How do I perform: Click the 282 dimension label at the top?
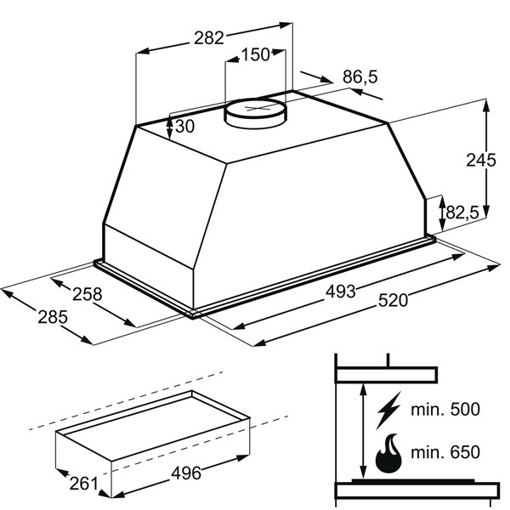tap(209, 37)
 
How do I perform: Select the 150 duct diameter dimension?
tap(255, 54)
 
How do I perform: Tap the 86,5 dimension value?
tap(360, 77)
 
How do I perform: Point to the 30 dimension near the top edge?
tap(184, 126)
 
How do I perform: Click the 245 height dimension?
tap(481, 160)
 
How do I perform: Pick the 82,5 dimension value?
tap(462, 213)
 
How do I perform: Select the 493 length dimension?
tap(341, 291)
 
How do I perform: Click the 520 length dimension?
tap(393, 300)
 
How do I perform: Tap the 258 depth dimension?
tap(88, 294)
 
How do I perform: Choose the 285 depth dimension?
tap(53, 317)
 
